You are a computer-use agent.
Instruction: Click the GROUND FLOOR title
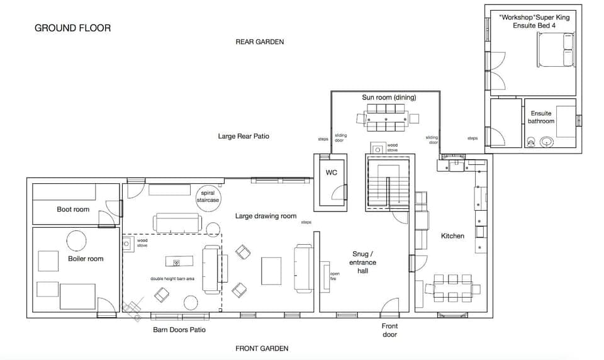72,28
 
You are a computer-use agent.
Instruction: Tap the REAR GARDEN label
260,42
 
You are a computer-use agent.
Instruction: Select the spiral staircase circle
209,196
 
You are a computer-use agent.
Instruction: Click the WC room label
332,172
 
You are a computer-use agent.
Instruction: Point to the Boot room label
73,210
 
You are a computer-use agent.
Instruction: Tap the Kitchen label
452,236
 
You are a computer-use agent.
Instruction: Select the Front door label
390,330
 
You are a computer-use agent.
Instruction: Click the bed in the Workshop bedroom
556,50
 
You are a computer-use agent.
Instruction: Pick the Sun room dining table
386,118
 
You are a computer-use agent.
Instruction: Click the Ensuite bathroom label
541,118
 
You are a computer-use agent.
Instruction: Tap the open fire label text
335,276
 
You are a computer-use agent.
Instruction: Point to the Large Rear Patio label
243,136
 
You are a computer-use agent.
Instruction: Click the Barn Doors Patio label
179,330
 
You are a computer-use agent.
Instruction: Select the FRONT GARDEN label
262,348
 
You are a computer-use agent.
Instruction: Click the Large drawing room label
266,217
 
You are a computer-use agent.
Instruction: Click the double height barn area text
172,279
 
